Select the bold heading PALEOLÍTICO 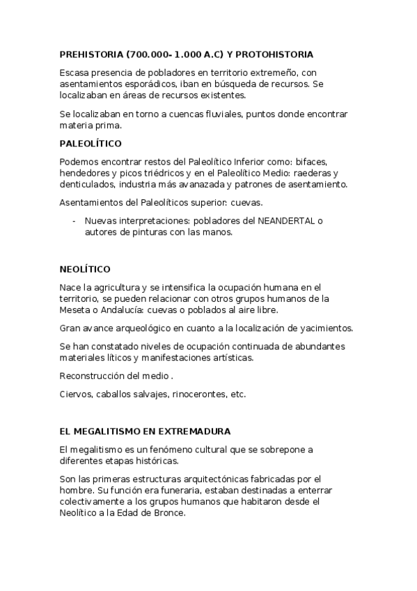[91, 144]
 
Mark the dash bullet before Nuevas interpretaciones [74, 221]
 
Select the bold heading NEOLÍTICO [85, 268]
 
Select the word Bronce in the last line [169, 512]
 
